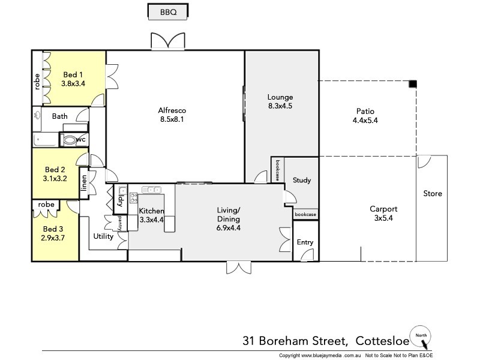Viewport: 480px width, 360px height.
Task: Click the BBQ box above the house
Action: click(x=168, y=11)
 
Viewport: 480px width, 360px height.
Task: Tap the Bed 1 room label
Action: click(x=73, y=74)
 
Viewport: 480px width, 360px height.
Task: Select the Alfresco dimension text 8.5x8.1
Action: click(x=172, y=120)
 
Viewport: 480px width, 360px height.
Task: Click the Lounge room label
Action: click(x=280, y=97)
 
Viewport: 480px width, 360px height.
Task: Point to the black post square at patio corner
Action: click(x=413, y=83)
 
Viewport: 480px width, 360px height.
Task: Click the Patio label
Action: click(x=365, y=110)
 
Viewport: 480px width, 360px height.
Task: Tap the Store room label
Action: click(x=432, y=194)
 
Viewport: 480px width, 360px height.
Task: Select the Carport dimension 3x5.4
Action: click(x=383, y=218)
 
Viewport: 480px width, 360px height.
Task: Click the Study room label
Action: click(x=302, y=180)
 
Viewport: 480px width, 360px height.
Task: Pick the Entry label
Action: click(x=305, y=242)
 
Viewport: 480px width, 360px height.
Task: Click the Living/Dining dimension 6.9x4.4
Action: click(x=229, y=228)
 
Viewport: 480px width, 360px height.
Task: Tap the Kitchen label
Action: click(x=151, y=211)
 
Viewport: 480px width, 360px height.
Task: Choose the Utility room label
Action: click(x=103, y=236)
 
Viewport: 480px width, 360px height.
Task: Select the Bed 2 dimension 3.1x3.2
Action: click(x=55, y=178)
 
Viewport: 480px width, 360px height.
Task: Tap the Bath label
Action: click(x=59, y=116)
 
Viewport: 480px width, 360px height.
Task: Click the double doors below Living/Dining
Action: click(x=238, y=268)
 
